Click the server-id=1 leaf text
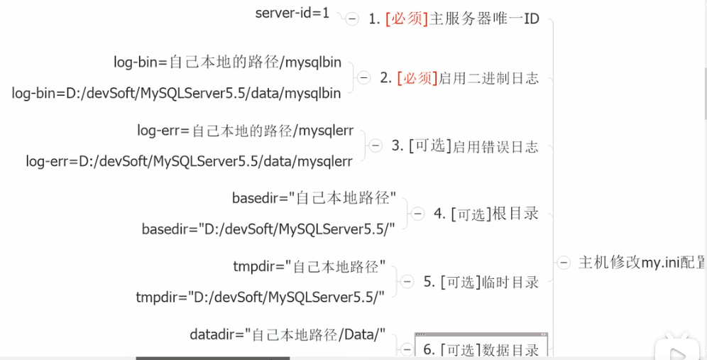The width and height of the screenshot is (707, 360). (x=292, y=13)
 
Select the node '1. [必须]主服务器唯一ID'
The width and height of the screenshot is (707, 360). (x=454, y=19)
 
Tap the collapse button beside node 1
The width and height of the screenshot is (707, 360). (x=353, y=19)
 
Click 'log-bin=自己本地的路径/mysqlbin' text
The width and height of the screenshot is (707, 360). (x=227, y=62)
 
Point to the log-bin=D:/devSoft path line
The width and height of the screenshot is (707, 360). (x=176, y=93)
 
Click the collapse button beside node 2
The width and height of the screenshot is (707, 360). (x=364, y=78)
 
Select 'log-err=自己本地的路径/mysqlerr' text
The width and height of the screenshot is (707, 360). (x=245, y=131)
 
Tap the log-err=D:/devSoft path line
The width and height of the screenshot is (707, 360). (x=189, y=162)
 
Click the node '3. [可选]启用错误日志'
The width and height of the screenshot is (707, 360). (x=465, y=146)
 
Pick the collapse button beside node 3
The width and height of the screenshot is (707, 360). (x=376, y=146)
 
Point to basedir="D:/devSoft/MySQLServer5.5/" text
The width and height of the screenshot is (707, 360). (x=268, y=229)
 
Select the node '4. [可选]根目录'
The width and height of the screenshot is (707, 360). (x=486, y=214)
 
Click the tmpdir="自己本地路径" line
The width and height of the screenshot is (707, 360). (x=309, y=267)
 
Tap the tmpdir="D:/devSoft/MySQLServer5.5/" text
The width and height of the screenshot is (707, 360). (x=261, y=298)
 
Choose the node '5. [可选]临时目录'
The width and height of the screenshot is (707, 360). (x=481, y=282)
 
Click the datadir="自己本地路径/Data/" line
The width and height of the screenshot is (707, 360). (x=287, y=334)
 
